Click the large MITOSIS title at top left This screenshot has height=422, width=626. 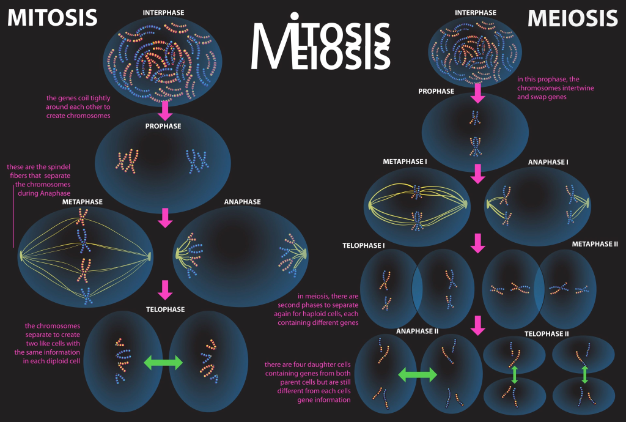[52, 17]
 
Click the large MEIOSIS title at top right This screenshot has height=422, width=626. [573, 17]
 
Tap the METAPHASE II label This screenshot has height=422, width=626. [595, 244]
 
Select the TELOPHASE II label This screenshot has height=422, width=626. [547, 334]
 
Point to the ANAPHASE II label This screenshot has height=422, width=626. [418, 331]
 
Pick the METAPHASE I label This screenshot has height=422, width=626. [405, 162]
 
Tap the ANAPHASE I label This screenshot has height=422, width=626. [548, 162]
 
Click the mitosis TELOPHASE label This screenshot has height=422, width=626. [165, 309]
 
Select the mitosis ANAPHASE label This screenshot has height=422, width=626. [242, 202]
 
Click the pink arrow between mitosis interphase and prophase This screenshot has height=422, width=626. [164, 109]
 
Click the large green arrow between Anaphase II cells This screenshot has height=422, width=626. [418, 374]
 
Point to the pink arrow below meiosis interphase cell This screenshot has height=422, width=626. [478, 92]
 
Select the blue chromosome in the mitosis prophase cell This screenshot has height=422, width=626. [197, 161]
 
